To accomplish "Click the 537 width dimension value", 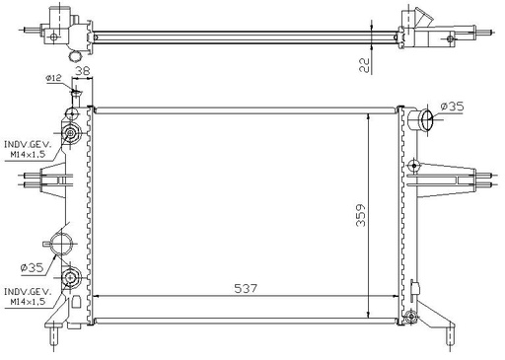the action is pyautogui.click(x=246, y=288).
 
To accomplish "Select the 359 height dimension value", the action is pyautogui.click(x=361, y=215).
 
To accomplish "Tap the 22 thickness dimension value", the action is pyautogui.click(x=365, y=65).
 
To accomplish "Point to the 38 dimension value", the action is pyautogui.click(x=83, y=71).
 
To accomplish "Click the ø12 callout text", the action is pyautogui.click(x=53, y=78).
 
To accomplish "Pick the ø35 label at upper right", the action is pyautogui.click(x=452, y=107).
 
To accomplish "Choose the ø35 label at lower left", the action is pyautogui.click(x=32, y=268).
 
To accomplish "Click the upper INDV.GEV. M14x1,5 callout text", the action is pyautogui.click(x=28, y=150).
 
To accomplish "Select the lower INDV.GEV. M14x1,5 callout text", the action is pyautogui.click(x=28, y=296).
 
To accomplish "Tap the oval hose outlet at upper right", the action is pyautogui.click(x=427, y=119).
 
